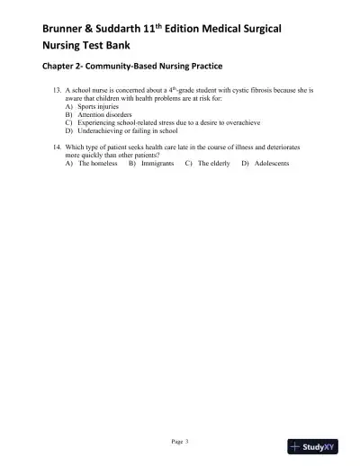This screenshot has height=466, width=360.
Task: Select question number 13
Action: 58,92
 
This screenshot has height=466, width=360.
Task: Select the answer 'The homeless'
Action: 98,164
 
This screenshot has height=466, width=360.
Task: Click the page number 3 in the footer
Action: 186,441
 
